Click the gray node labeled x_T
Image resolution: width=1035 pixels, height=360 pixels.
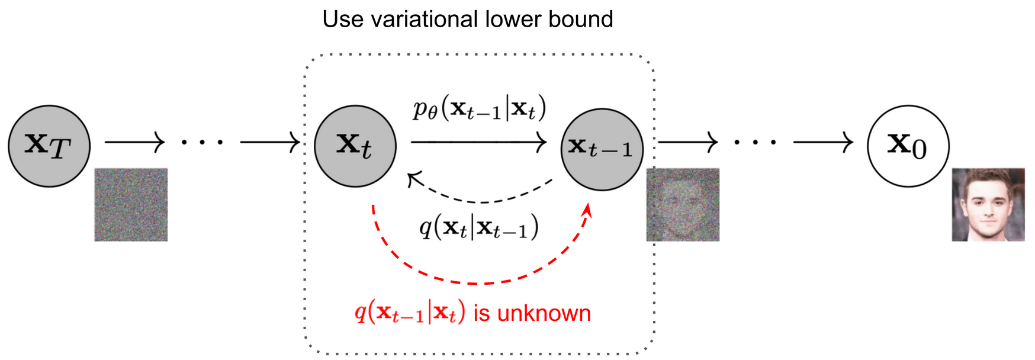[x=49, y=146]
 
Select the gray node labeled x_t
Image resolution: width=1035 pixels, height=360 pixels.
[x=355, y=146]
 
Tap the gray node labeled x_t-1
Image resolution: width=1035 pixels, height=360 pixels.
[x=602, y=149]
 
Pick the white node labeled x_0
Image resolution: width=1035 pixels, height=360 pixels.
[x=908, y=146]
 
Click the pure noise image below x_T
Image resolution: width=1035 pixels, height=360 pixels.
[x=131, y=204]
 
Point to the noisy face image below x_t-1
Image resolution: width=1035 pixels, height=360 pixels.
[x=683, y=204]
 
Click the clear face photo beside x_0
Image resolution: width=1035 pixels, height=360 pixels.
[x=988, y=204]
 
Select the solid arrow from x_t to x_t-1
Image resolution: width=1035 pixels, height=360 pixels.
[x=478, y=142]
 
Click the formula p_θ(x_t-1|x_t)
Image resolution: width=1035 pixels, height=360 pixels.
[x=479, y=109]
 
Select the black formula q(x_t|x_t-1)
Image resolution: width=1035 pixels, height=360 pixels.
[x=479, y=226]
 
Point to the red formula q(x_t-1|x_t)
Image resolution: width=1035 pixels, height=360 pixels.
[x=410, y=312]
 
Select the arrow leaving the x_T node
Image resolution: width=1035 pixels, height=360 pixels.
[x=134, y=142]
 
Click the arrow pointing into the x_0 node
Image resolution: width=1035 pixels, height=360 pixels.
[x=823, y=142]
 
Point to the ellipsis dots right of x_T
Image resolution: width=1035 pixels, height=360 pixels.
[x=202, y=142]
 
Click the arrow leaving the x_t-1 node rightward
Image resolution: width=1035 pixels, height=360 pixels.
[x=688, y=142]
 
